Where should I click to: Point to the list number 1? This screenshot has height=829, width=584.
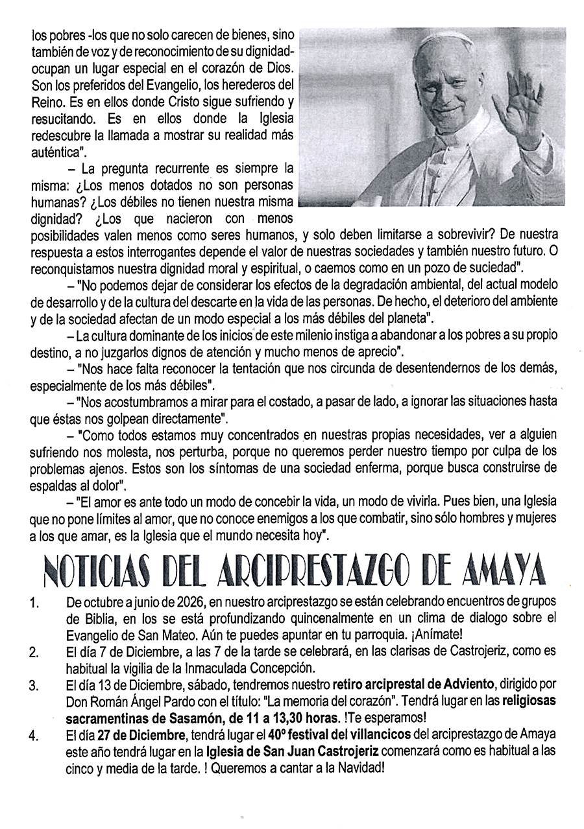[x=35, y=604]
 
